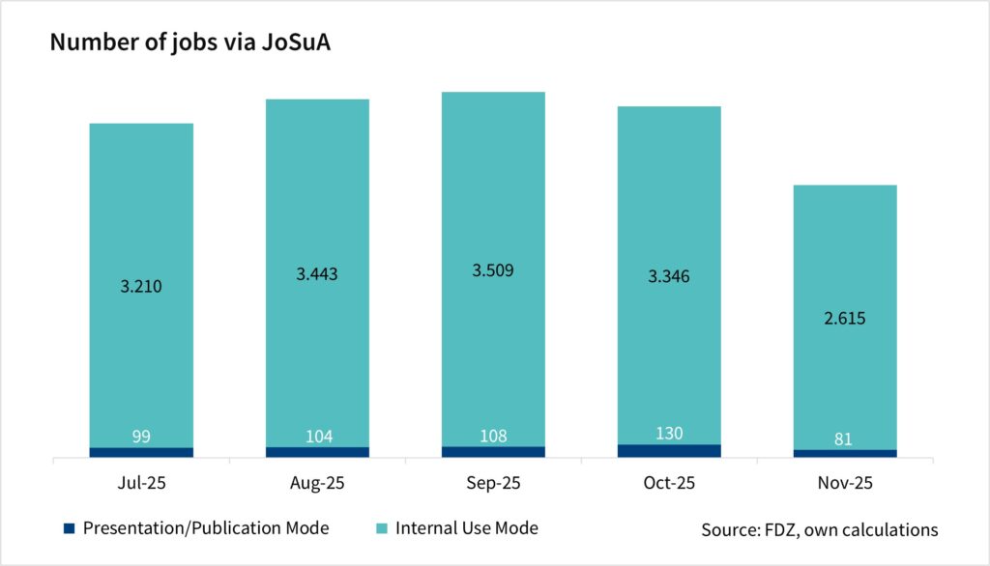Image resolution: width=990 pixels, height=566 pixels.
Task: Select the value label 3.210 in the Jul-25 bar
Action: [141, 287]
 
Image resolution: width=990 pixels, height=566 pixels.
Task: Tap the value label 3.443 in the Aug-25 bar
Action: [317, 274]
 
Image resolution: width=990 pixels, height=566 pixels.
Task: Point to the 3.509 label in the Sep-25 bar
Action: [493, 270]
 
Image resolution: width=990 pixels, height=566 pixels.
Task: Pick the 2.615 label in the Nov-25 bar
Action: [845, 318]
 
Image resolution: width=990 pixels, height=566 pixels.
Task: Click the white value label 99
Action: [141, 437]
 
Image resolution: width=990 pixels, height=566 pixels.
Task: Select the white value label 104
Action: [317, 437]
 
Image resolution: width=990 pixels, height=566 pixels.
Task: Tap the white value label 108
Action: [493, 436]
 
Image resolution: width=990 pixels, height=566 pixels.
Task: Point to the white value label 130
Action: [669, 434]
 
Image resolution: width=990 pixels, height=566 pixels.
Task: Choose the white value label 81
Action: [845, 439]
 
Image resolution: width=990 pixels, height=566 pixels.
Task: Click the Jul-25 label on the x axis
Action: [141, 482]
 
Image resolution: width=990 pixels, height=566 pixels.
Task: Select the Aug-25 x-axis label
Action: [317, 482]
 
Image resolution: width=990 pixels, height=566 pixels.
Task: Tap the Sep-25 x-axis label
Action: [493, 482]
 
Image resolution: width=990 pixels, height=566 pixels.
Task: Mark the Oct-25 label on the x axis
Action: [669, 482]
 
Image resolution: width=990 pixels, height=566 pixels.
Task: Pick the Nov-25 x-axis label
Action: [845, 482]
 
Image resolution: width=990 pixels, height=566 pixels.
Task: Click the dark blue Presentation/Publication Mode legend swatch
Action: [69, 528]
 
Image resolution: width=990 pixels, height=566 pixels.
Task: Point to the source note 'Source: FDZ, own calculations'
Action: [819, 529]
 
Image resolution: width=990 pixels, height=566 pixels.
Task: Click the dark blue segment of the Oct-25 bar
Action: [669, 451]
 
